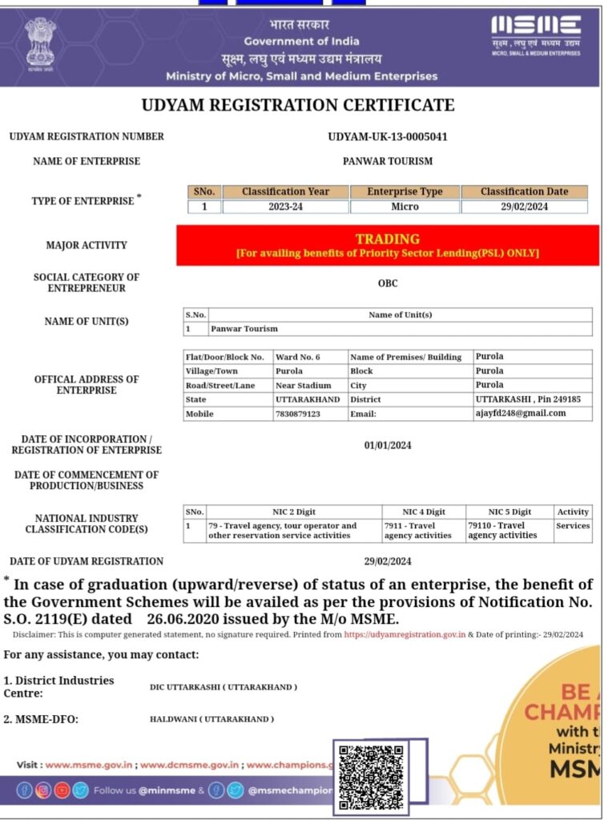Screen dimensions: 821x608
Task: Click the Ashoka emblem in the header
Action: [39, 44]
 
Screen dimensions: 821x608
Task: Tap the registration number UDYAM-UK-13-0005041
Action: [388, 136]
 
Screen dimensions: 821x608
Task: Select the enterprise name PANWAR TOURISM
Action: [388, 161]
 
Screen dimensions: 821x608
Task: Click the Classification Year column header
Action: [285, 192]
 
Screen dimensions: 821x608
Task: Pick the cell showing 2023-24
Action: [285, 207]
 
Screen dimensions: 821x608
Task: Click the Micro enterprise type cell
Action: [405, 207]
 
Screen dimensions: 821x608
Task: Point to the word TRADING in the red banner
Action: [388, 239]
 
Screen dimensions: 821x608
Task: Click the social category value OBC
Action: [388, 283]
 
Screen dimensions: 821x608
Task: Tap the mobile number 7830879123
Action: [298, 414]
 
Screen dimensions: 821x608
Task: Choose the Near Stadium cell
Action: [304, 386]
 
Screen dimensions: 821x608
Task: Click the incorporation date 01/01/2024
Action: [388, 445]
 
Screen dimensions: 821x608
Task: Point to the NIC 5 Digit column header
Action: [509, 512]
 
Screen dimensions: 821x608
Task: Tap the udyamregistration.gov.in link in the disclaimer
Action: [405, 634]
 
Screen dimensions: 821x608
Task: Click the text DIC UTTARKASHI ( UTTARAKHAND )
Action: [223, 687]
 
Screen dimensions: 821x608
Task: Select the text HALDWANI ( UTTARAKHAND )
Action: [211, 719]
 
